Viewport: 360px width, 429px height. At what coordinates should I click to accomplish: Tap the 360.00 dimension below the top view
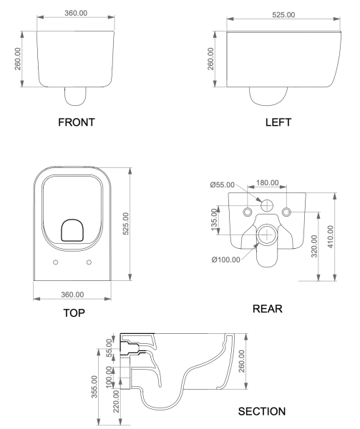pyautogui.click(x=72, y=295)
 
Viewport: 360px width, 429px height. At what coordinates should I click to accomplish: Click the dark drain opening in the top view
pyautogui.click(x=72, y=230)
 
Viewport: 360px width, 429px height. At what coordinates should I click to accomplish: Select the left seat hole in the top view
pyautogui.click(x=56, y=262)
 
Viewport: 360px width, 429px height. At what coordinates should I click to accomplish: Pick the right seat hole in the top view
pyautogui.click(x=89, y=262)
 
